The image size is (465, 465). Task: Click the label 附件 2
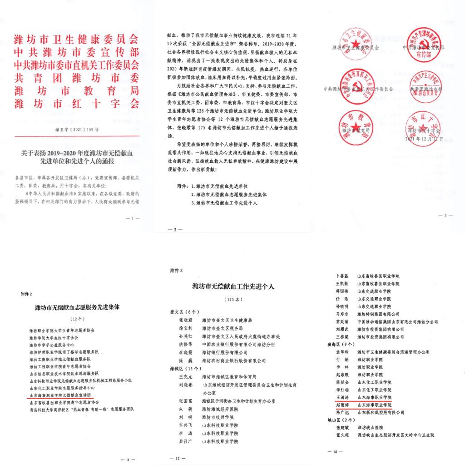point(28,294)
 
